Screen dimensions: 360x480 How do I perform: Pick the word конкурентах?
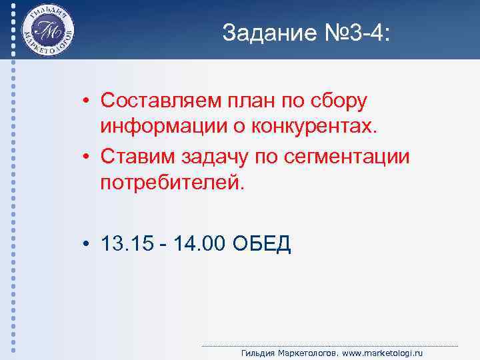pyautogui.click(x=320, y=127)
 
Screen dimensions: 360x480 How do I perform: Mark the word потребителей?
pyautogui.click(x=173, y=181)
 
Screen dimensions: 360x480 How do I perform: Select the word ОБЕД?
pyautogui.click(x=263, y=244)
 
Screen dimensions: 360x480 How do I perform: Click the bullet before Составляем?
pyautogui.click(x=87, y=101)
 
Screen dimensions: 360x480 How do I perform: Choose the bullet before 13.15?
pyautogui.click(x=87, y=245)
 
